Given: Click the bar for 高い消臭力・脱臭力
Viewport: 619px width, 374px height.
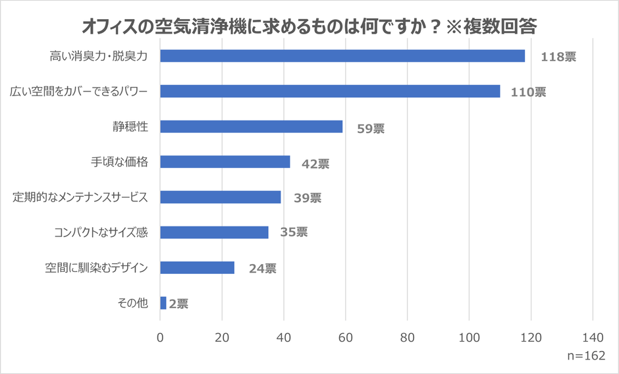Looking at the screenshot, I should [x=342, y=56].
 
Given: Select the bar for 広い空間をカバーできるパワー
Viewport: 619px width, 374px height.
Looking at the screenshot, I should [x=330, y=92].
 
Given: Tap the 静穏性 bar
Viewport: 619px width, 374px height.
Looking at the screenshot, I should [x=251, y=126].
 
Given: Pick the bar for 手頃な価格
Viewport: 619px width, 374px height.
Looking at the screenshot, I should [x=225, y=162].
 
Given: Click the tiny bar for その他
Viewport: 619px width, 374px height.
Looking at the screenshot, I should [x=163, y=303].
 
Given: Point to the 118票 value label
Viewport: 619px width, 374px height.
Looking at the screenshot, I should [x=558, y=57].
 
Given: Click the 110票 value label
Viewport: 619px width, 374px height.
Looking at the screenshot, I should [x=528, y=92].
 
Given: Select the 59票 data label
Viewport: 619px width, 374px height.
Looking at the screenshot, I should [x=370, y=128].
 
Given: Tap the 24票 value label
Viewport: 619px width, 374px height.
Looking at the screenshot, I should [x=262, y=269].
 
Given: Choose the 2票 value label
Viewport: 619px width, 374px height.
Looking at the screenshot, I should [x=178, y=304].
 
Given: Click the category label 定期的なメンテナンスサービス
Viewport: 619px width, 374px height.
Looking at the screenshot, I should [x=80, y=197].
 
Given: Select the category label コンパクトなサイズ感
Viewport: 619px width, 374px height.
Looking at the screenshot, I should [x=100, y=232].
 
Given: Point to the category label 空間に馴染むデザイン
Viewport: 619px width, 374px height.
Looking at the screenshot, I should [x=96, y=267].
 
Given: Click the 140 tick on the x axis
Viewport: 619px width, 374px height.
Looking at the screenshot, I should [x=593, y=338].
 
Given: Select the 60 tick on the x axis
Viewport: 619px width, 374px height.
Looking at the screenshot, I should [x=346, y=338].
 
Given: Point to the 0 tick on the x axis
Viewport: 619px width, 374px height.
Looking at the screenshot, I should [x=160, y=338].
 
